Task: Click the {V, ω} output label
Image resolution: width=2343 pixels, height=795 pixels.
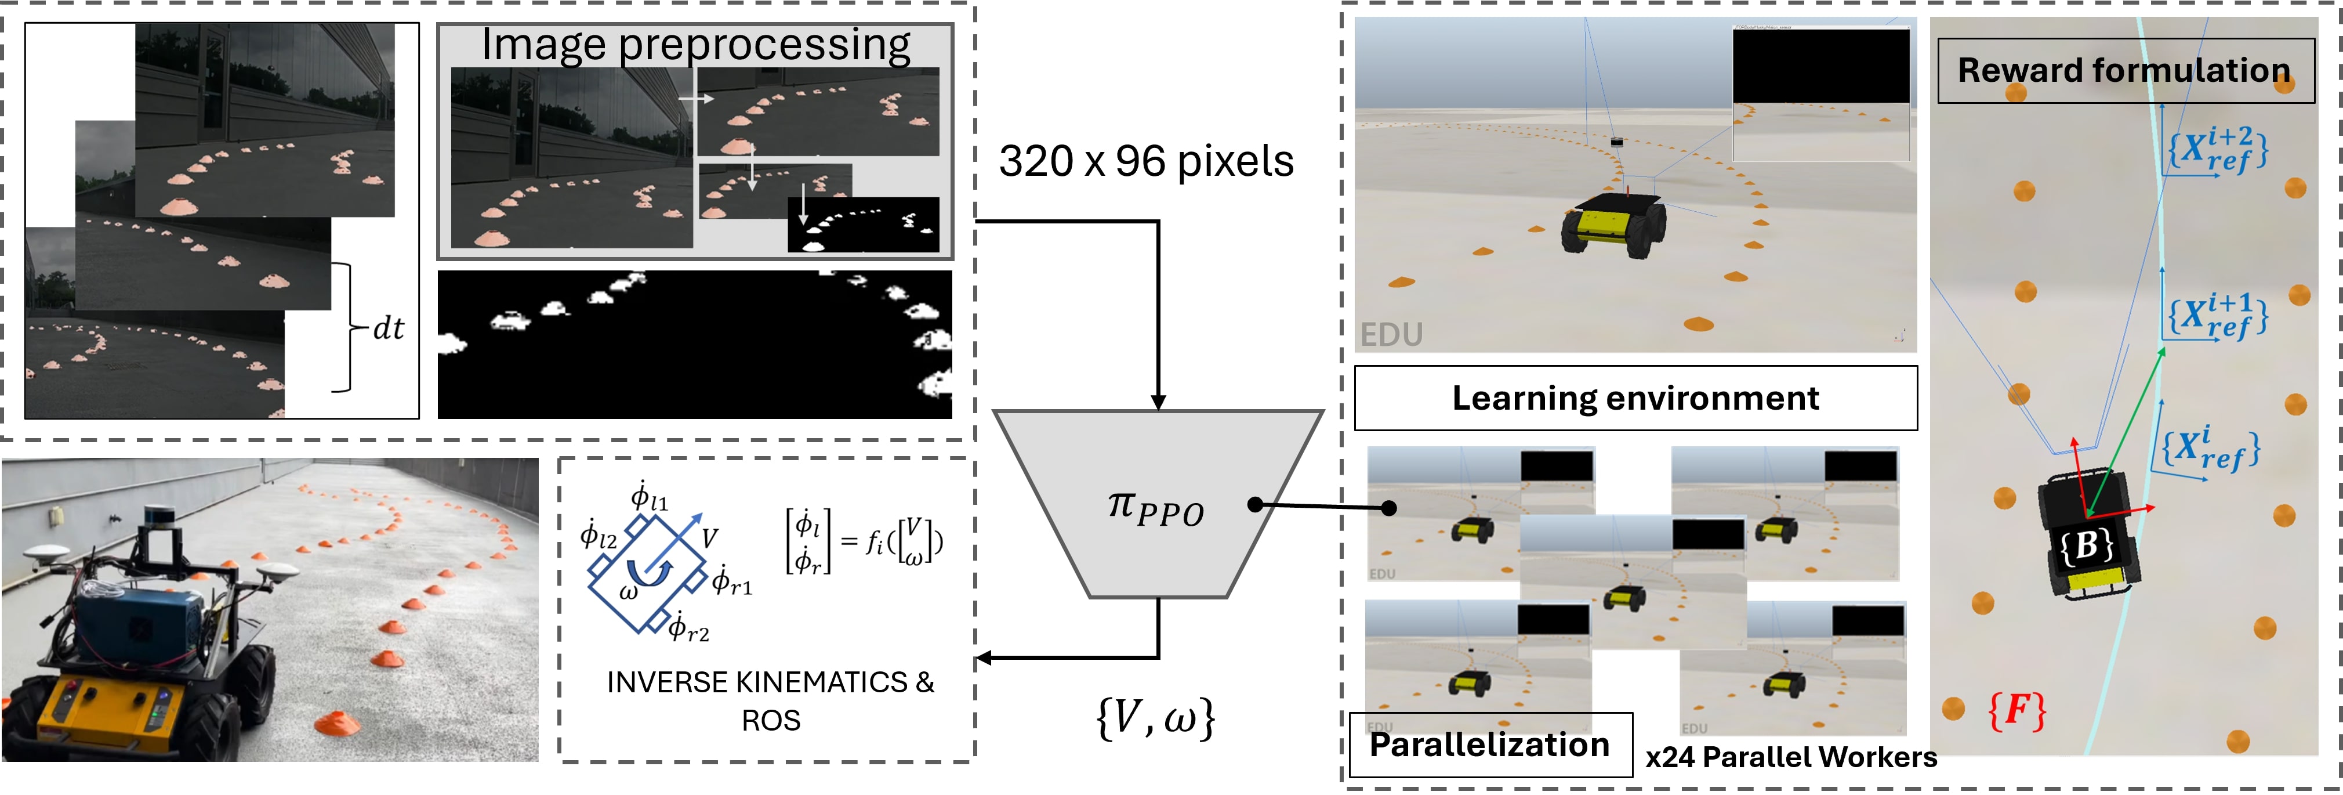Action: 1156,718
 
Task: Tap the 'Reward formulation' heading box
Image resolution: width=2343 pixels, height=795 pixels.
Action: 2125,71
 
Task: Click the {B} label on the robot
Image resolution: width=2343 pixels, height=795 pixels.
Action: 2086,546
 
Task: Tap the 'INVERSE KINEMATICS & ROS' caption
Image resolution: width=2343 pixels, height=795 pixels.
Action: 770,700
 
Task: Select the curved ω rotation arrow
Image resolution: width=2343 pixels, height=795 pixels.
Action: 648,573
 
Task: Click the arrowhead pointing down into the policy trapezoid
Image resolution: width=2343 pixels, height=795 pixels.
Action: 1158,403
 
